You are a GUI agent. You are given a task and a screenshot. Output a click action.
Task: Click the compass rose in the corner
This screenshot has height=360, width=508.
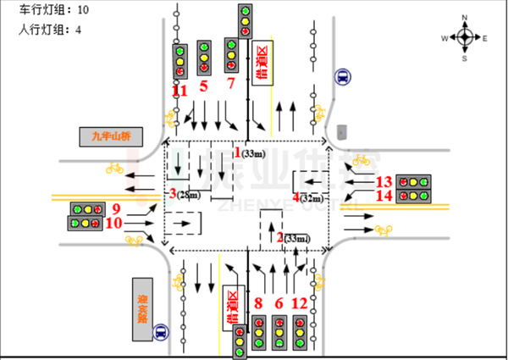point(465,37)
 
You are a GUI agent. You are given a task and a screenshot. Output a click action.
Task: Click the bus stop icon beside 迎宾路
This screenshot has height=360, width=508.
point(161,333)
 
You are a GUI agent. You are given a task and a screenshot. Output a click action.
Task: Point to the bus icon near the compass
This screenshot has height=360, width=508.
point(340,77)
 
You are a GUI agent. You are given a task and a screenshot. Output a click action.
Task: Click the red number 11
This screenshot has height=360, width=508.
point(179,90)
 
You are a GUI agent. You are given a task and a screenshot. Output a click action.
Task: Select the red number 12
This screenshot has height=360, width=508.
point(299,302)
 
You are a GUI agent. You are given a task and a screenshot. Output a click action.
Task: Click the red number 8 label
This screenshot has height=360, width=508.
point(258,302)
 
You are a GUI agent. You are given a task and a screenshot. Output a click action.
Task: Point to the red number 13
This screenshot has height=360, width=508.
point(384,181)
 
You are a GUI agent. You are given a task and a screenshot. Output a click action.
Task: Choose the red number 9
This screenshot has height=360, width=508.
point(116,208)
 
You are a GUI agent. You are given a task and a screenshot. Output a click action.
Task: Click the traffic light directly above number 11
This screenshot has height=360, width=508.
point(179,61)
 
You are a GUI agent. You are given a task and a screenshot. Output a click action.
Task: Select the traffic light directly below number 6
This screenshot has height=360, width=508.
point(279,333)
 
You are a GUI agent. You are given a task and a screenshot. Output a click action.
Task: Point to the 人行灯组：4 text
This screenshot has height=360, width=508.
point(50,30)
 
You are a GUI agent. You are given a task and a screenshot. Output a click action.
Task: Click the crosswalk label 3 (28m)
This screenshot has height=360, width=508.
point(185,195)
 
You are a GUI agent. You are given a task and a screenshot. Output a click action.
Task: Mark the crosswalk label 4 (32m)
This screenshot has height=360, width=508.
point(307,197)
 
